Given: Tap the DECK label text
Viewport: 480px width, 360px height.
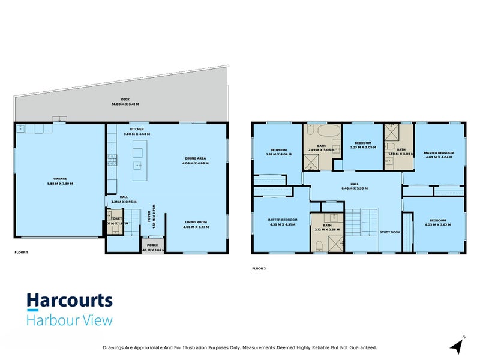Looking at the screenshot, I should (125, 100).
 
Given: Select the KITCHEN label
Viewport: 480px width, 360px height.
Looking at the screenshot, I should (136, 130).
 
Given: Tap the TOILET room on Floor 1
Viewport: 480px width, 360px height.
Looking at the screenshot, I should (115, 220).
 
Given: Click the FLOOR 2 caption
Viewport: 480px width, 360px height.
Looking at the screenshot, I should (259, 268).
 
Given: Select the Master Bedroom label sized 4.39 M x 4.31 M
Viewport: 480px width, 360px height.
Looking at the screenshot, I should (282, 221).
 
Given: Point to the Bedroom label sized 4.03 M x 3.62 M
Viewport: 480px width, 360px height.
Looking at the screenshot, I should (438, 221).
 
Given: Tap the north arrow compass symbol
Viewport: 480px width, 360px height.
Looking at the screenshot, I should (458, 345).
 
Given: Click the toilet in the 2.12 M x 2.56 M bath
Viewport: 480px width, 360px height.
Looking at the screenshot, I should (320, 244).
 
